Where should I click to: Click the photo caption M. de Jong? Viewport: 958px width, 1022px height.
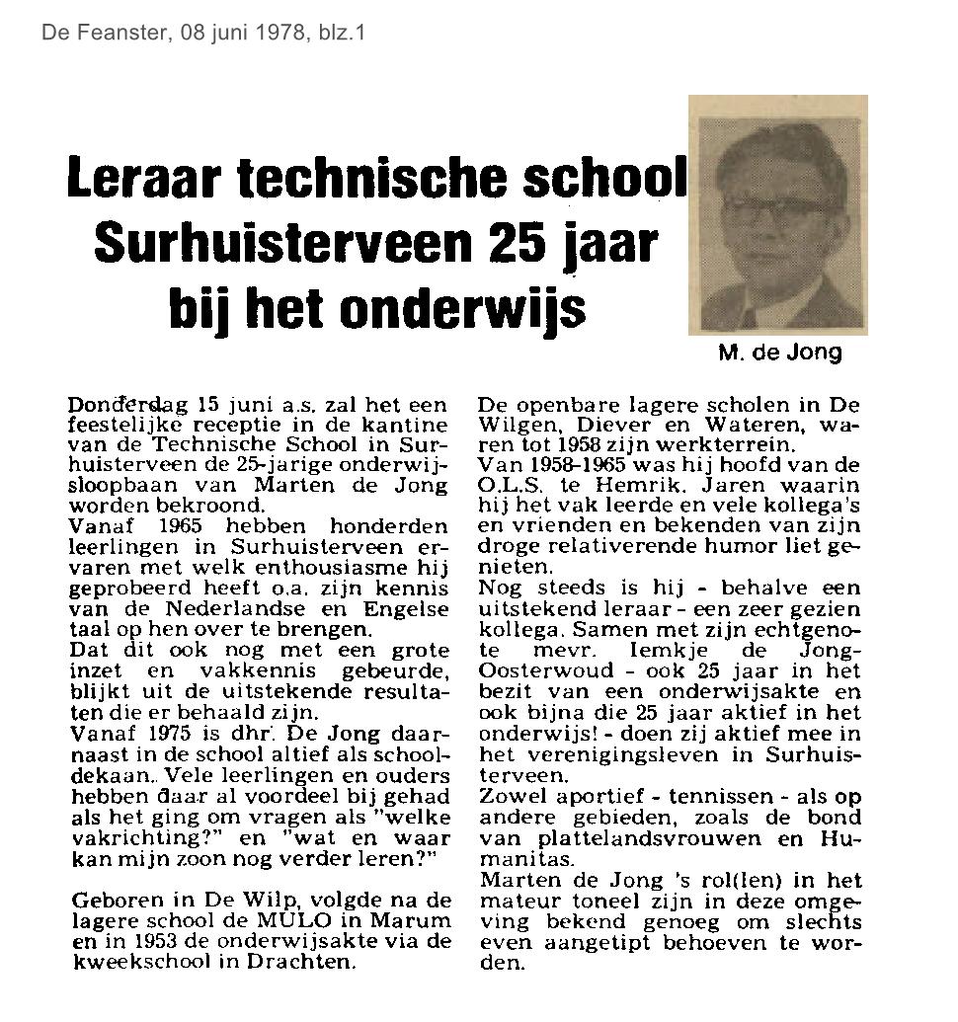(780, 353)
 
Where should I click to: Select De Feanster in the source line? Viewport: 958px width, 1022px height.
(90, 33)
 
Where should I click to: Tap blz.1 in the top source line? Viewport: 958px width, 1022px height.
(342, 33)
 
